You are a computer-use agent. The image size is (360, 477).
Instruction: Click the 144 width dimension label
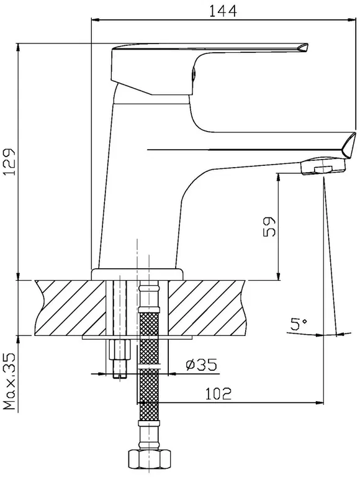click(223, 11)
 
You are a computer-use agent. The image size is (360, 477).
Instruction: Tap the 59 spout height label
click(269, 227)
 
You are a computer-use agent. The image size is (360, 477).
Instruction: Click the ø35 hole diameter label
click(202, 365)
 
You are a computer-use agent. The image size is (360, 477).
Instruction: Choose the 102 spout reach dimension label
click(218, 394)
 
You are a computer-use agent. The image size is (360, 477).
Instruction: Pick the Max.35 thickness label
click(9, 381)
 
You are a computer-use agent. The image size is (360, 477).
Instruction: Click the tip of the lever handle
click(308, 45)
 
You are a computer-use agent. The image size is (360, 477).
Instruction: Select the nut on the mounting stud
click(120, 350)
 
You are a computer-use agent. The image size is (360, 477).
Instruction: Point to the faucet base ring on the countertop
click(137, 274)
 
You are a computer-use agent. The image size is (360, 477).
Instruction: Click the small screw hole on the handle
click(194, 74)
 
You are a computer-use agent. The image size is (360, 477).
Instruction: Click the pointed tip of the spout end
click(355, 133)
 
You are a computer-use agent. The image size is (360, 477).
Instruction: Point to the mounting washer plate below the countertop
click(137, 338)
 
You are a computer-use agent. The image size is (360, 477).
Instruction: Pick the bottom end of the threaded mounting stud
click(120, 376)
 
